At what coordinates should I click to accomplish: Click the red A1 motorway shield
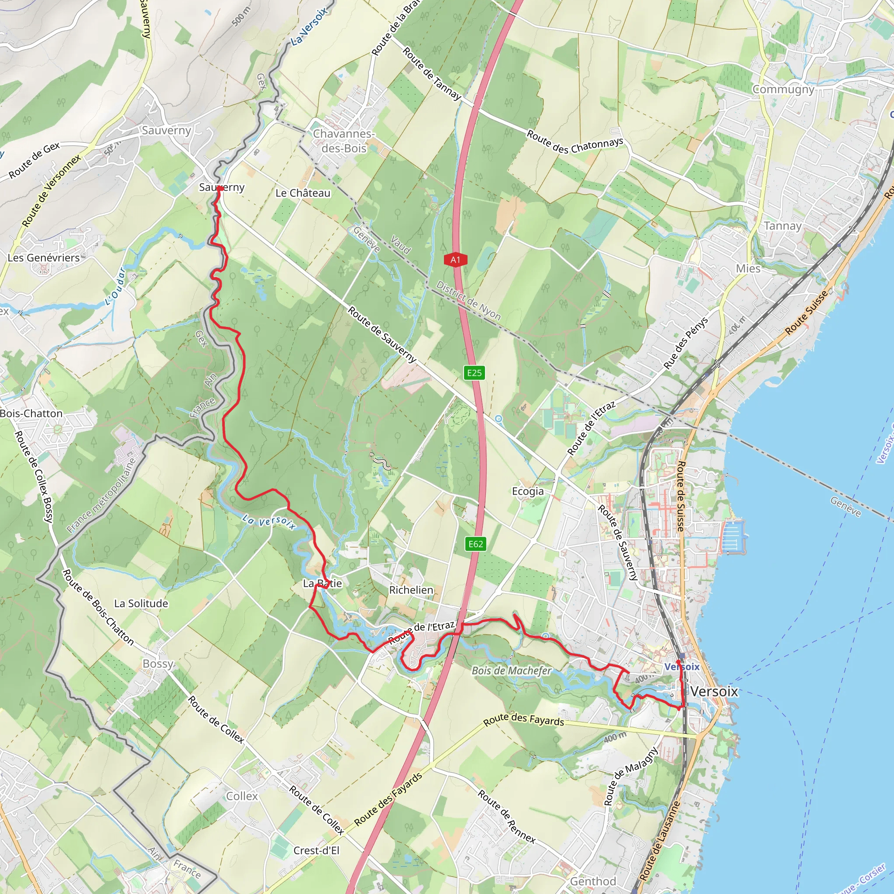(455, 260)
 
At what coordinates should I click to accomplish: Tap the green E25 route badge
(475, 373)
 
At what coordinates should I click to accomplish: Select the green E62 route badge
(476, 544)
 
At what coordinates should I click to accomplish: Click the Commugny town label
(783, 89)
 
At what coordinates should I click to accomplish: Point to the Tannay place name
(783, 226)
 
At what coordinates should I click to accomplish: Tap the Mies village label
(748, 268)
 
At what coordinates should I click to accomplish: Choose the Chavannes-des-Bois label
(344, 141)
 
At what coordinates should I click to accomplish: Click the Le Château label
(303, 193)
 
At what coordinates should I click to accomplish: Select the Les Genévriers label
(44, 258)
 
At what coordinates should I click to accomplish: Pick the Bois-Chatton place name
(31, 413)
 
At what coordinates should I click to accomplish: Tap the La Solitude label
(141, 603)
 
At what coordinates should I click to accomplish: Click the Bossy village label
(158, 664)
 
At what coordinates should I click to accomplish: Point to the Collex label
(242, 796)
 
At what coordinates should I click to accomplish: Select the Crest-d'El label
(316, 850)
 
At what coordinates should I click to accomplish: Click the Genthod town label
(593, 881)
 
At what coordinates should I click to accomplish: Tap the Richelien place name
(411, 590)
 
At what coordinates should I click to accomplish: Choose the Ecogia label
(527, 491)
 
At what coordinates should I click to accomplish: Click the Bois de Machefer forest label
(512, 670)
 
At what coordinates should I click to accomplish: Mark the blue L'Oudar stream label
(116, 287)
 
